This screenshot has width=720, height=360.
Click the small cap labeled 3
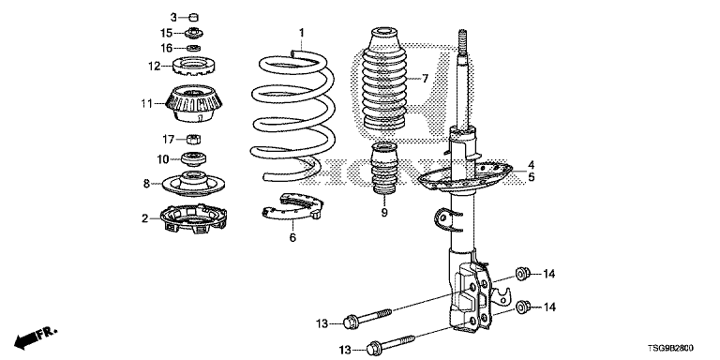click(194, 18)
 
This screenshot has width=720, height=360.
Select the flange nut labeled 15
click(194, 33)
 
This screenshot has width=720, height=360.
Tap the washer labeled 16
click(194, 48)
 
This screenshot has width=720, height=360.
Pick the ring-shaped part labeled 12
click(195, 67)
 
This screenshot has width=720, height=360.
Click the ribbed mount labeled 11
click(195, 104)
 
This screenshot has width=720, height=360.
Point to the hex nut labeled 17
click(194, 138)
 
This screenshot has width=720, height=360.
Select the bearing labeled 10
click(194, 158)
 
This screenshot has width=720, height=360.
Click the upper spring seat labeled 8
click(194, 184)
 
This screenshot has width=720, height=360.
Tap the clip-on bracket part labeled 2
click(194, 218)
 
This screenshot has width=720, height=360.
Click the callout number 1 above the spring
click(302, 33)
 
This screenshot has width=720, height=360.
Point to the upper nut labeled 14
click(522, 274)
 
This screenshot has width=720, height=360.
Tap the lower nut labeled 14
click(522, 307)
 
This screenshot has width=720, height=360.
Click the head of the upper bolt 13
click(351, 322)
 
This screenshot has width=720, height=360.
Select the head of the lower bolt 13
click(374, 350)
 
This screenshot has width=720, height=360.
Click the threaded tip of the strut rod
click(461, 42)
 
